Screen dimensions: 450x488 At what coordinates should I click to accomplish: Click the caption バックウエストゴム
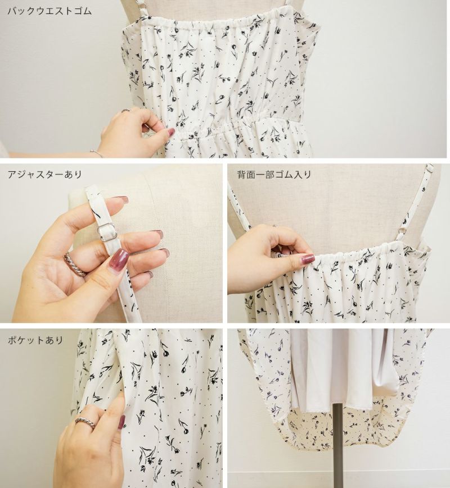(49, 11)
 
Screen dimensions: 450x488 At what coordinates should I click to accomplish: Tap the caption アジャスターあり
(44, 174)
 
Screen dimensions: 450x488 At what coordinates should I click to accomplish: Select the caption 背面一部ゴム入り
(274, 174)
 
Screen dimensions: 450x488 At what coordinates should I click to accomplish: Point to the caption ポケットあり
(35, 340)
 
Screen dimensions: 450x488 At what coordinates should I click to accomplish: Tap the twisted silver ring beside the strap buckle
(75, 264)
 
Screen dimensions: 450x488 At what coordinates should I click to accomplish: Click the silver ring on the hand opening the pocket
(85, 423)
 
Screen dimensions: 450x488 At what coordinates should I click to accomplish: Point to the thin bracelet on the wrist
(97, 153)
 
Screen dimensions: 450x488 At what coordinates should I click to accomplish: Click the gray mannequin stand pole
(337, 446)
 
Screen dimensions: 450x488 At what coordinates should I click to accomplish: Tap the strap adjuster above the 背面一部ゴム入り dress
(430, 168)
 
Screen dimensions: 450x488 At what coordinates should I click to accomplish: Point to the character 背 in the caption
(242, 174)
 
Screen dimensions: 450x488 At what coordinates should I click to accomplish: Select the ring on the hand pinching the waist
(125, 110)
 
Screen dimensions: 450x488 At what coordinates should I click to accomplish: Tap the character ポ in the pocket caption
(12, 340)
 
